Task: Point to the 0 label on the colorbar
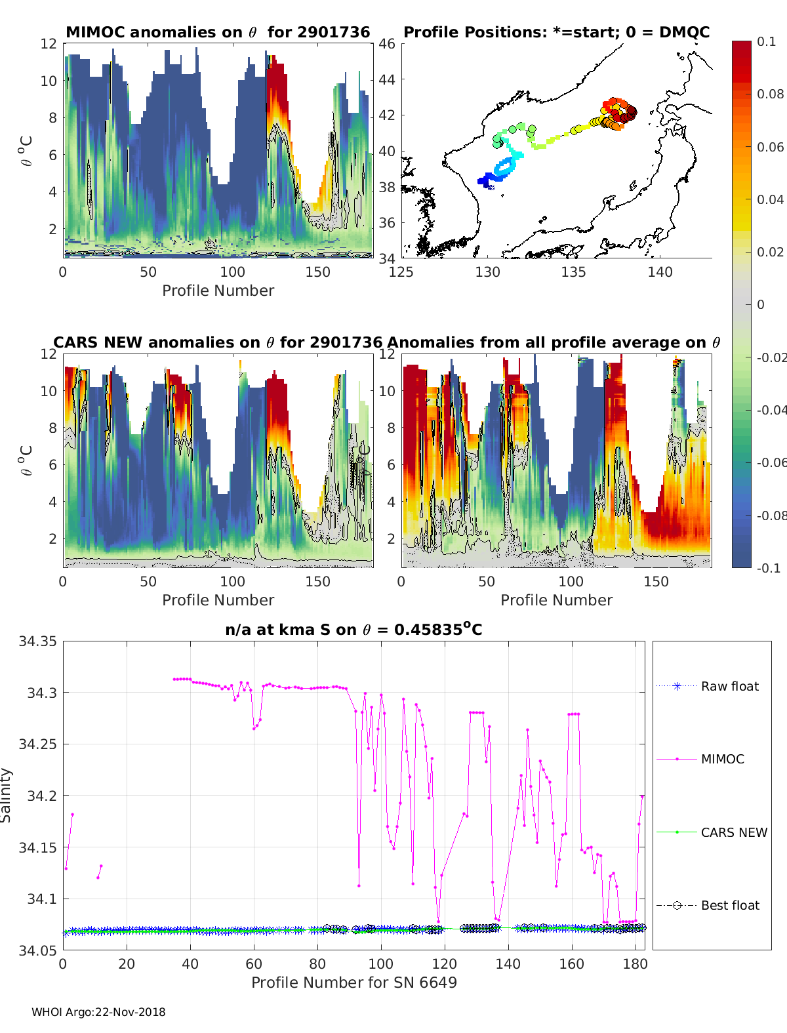tap(761, 304)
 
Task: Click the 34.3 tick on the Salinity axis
tap(42, 693)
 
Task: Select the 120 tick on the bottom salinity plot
tap(445, 964)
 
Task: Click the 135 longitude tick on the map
tap(573, 272)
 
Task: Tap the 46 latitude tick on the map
tap(387, 44)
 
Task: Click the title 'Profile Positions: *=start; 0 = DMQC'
tap(557, 32)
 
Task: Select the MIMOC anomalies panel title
tap(218, 32)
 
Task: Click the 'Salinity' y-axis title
tap(6, 796)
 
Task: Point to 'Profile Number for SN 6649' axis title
tap(354, 982)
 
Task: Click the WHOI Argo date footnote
tap(98, 1012)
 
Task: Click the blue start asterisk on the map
tap(491, 188)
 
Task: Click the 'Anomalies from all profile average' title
tap(554, 342)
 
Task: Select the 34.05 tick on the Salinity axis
tap(37, 950)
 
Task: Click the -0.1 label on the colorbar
tap(769, 568)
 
